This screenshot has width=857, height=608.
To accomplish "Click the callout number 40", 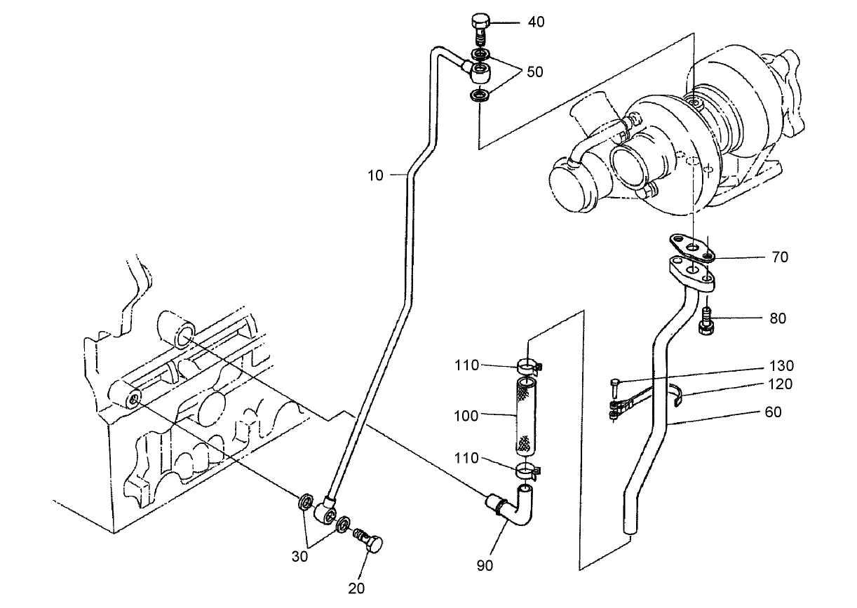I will click(536, 22).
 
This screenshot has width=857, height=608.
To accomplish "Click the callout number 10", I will click(376, 175).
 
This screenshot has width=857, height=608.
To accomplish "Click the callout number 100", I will click(466, 416).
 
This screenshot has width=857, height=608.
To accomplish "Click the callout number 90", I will click(486, 565).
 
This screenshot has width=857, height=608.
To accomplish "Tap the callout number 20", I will click(356, 588).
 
